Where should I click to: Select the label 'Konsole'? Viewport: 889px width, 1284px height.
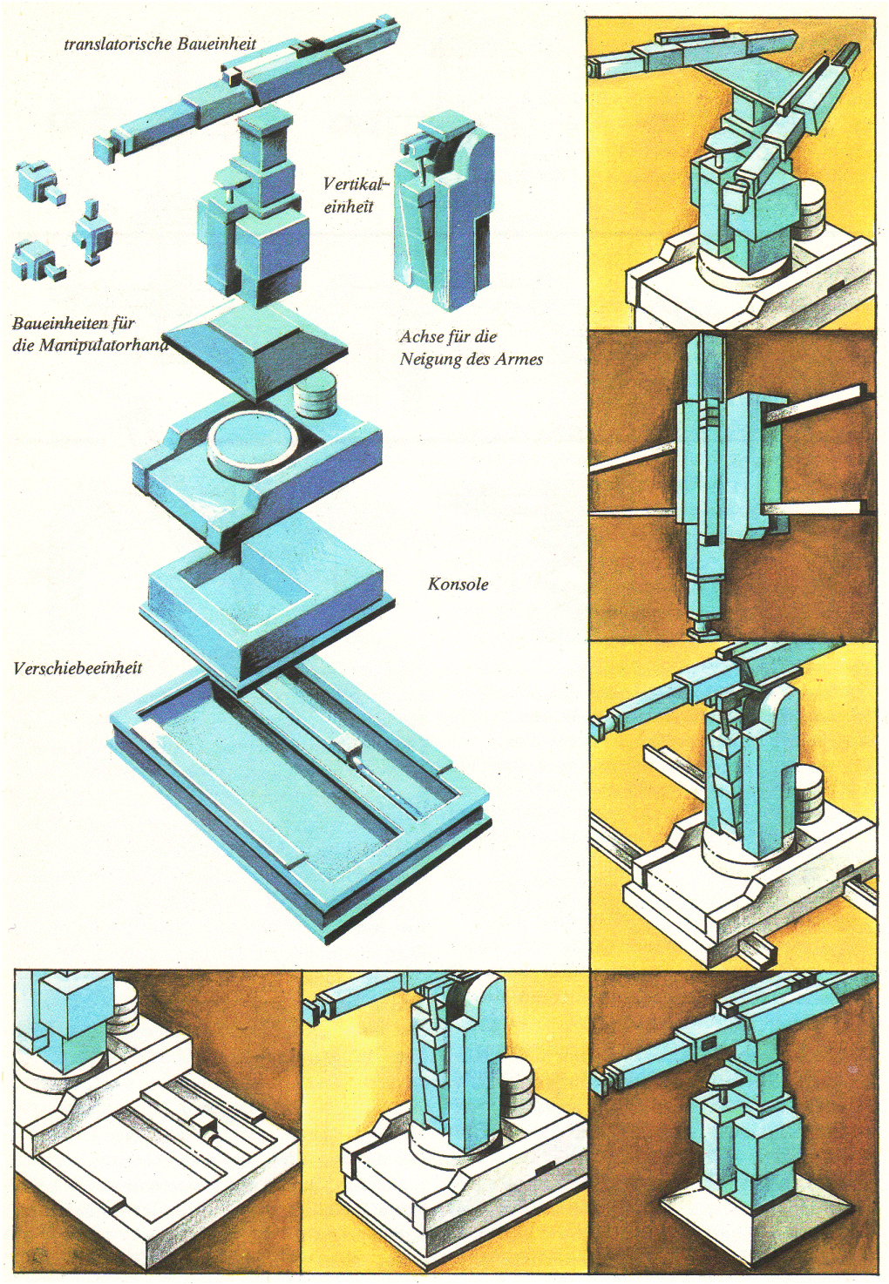pos(458,585)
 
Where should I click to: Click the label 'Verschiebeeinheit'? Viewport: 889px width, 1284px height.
pos(78,668)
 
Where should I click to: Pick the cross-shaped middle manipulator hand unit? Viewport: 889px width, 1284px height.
pos(92,232)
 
